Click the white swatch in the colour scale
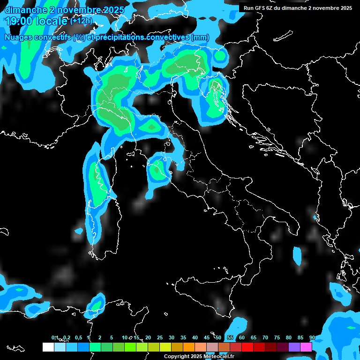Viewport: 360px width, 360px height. [x=48, y=347]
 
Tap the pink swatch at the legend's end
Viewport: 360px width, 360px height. [x=306, y=347]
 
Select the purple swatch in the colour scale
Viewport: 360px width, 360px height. [x=294, y=347]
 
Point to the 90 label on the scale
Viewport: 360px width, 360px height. [x=312, y=337]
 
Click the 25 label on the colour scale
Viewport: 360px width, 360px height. [x=160, y=337]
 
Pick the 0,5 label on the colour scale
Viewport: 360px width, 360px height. [x=78, y=337]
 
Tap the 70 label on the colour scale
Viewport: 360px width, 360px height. [x=265, y=337]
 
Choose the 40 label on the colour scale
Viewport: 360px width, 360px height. [x=195, y=337]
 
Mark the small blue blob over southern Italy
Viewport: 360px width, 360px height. [x=297, y=255]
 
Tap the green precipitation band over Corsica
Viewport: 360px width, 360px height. [x=97, y=183]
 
